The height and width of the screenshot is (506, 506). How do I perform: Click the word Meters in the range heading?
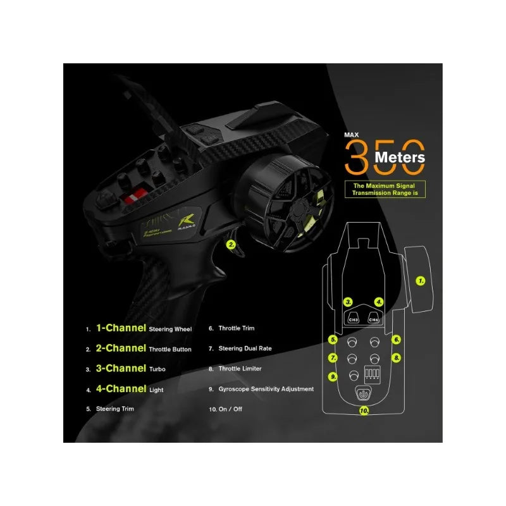click(399, 157)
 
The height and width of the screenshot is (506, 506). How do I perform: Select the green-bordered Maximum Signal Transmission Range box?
click(385, 189)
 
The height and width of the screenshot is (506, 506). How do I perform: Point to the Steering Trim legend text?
click(114, 409)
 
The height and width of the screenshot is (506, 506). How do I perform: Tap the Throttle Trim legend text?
click(237, 329)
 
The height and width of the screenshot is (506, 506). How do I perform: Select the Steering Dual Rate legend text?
click(245, 349)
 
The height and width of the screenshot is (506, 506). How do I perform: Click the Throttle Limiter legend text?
click(240, 369)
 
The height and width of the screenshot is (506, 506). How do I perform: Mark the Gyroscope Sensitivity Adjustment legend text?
click(266, 389)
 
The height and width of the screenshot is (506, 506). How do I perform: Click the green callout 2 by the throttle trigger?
click(231, 244)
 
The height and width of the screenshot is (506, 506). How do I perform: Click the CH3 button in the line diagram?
click(354, 319)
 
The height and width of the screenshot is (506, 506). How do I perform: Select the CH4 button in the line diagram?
click(374, 319)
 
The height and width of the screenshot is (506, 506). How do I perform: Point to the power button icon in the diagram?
click(363, 393)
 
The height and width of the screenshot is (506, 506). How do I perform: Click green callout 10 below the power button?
click(364, 410)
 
